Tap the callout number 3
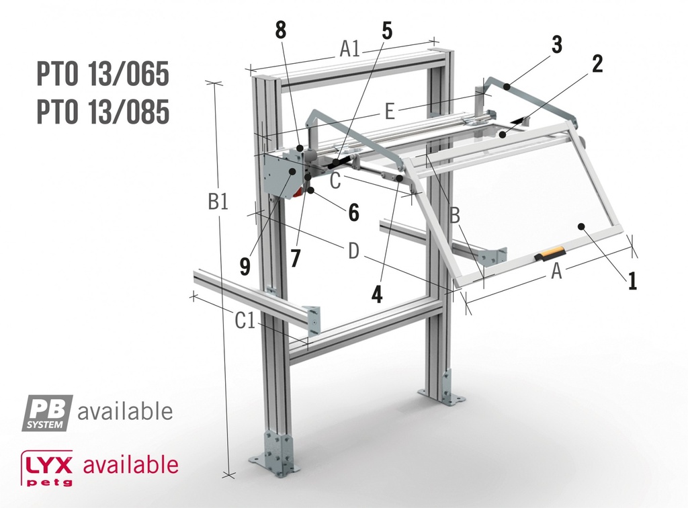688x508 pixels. [556, 45]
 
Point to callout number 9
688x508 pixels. [245, 266]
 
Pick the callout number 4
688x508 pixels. [378, 293]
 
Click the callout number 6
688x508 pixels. [353, 212]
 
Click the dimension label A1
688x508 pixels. [349, 48]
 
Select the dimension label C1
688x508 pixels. [245, 322]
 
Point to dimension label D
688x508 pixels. [353, 252]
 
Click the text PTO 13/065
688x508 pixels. [102, 75]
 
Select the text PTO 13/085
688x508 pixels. [102, 112]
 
